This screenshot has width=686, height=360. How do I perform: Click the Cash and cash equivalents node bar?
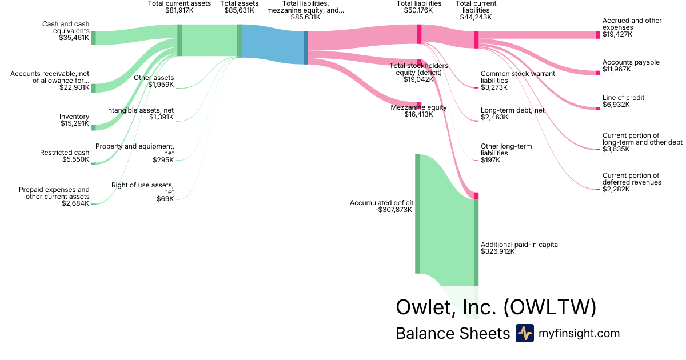tap(93, 38)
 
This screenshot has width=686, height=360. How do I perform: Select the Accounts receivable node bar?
tap(93, 88)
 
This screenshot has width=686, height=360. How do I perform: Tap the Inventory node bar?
tap(93, 127)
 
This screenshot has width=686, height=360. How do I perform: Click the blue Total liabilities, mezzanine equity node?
tap(306, 48)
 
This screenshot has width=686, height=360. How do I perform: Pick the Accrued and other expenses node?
tap(598, 35)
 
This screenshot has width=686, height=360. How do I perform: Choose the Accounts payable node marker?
tap(598, 73)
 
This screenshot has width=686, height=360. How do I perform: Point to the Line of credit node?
tap(598, 109)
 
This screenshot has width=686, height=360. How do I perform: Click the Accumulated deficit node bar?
tap(417, 214)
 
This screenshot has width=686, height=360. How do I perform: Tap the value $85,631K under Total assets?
tap(239, 10)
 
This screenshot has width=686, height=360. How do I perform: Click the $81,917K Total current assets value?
tap(180, 10)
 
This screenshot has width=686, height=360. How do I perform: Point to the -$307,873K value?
tap(393, 210)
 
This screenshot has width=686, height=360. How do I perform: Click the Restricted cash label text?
tap(65, 153)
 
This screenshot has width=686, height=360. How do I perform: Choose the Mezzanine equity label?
tap(418, 107)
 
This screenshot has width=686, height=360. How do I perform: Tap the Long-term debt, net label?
tap(513, 110)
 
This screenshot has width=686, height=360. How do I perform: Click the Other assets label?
tap(154, 78)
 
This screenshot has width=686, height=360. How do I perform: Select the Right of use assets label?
tap(143, 189)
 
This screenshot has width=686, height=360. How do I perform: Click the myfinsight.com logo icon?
tap(525, 333)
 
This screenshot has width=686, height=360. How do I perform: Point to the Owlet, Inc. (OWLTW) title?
tap(496, 307)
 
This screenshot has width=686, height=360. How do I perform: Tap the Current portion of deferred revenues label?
tap(632, 179)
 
